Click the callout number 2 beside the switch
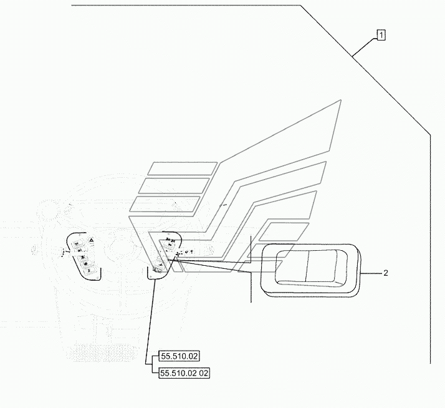coord(386,273)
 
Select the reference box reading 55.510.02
coord(179,357)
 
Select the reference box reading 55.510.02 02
coord(184,373)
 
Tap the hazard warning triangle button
coord(92,240)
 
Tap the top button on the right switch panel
coord(170,240)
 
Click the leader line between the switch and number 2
coord(371,273)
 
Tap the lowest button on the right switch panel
coord(155,270)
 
